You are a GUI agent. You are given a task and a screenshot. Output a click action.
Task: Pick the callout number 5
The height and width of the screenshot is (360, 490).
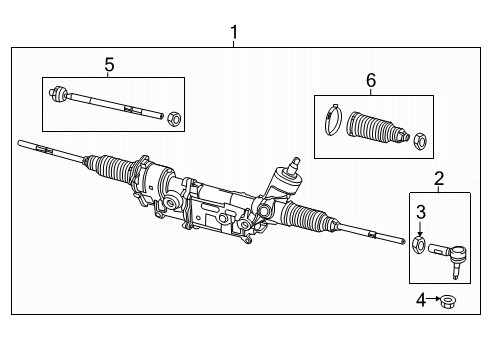pyautogui.click(x=109, y=64)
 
